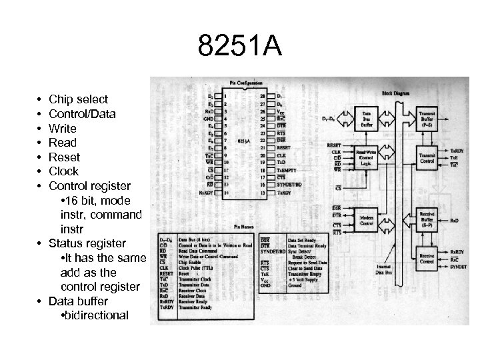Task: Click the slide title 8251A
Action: (240, 47)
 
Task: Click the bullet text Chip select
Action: (78, 99)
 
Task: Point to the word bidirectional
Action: (94, 315)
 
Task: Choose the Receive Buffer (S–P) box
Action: (427, 219)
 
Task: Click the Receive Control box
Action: (427, 258)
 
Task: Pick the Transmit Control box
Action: (427, 158)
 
